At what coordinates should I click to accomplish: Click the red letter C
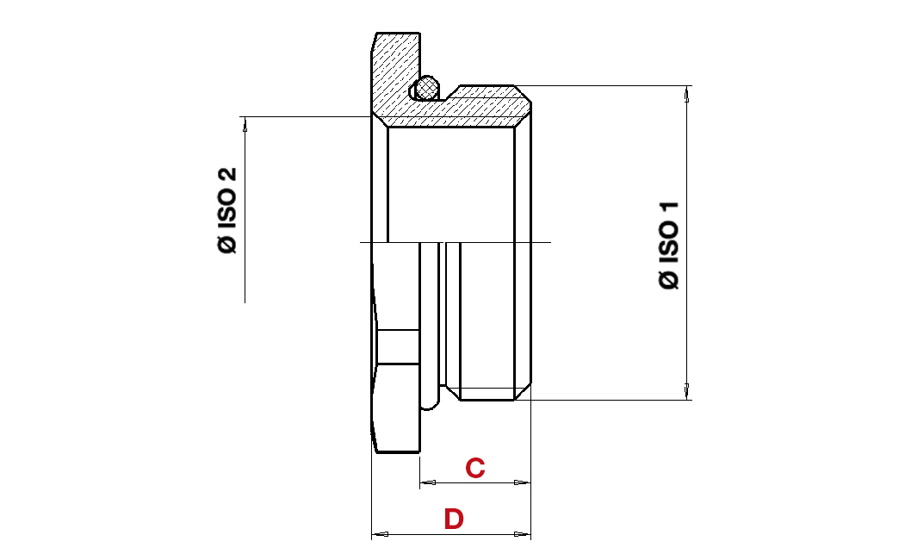click(475, 468)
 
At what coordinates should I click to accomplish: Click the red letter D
click(454, 519)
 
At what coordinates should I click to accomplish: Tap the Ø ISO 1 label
click(669, 245)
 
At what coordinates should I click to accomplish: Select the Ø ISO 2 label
click(227, 210)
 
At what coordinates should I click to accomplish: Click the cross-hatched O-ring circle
click(427, 88)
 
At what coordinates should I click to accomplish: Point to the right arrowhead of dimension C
click(523, 482)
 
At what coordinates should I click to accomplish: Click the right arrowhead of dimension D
click(523, 534)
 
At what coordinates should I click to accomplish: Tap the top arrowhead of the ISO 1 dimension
click(687, 94)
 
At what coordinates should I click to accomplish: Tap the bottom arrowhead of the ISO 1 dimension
click(687, 391)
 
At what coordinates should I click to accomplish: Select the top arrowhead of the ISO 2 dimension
click(245, 125)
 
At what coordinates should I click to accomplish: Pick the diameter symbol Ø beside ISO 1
click(669, 281)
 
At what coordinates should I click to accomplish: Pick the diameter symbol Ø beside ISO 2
click(227, 245)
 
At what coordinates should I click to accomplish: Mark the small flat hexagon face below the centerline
click(398, 347)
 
